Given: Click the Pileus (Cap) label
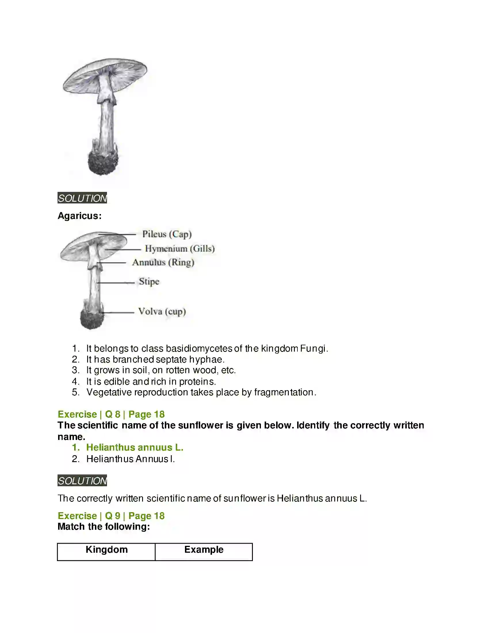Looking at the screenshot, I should click(167, 234).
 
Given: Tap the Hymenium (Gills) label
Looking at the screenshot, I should click(179, 248).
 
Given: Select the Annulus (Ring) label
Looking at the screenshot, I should click(163, 262).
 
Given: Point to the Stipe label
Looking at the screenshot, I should click(149, 281).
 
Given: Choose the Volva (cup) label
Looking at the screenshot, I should click(162, 311).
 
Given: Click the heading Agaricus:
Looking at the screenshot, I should click(80, 216).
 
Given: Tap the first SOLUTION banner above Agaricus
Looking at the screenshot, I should click(82, 198).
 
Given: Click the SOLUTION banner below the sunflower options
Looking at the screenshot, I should click(82, 481).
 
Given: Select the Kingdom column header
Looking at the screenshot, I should click(107, 550).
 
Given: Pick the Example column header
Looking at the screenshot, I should click(204, 550).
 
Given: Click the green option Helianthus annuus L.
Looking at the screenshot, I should click(135, 447).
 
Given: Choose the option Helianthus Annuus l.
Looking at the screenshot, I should click(130, 459).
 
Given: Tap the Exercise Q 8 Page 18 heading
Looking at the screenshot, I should click(111, 414).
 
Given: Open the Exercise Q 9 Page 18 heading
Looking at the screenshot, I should click(111, 516).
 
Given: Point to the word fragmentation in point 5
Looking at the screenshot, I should click(284, 392).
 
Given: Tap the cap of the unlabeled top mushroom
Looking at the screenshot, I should click(105, 74).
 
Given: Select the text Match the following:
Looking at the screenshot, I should click(104, 527).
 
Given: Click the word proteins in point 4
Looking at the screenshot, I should click(197, 382).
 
